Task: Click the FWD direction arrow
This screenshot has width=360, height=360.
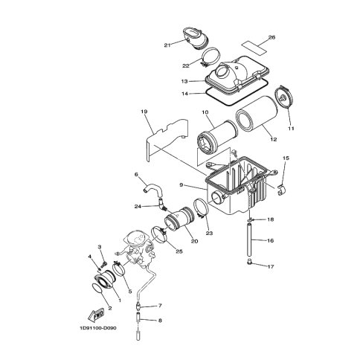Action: coord(96,315)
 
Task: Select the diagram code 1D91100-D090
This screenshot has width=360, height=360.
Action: coord(98,328)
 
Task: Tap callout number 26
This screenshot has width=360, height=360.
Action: coord(271,37)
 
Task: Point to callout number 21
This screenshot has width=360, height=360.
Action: coord(167,45)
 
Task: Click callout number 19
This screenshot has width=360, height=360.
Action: coord(144,112)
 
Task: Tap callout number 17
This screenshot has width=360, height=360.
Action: coord(271,267)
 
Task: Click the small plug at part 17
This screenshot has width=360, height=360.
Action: coord(250,262)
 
